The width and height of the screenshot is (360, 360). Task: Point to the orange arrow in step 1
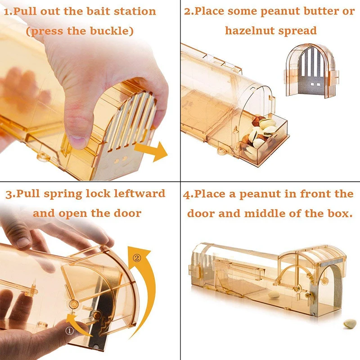tap(152, 151)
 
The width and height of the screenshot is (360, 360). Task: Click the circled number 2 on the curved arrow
tap(137, 258)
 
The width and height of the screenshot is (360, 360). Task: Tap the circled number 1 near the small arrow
tap(70, 331)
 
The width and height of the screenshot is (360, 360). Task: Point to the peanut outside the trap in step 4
tap(350, 323)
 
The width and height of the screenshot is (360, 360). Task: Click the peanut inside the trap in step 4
tap(274, 295)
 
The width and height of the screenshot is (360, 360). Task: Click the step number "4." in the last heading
tap(188, 194)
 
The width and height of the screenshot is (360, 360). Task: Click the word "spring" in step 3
tap(63, 194)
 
